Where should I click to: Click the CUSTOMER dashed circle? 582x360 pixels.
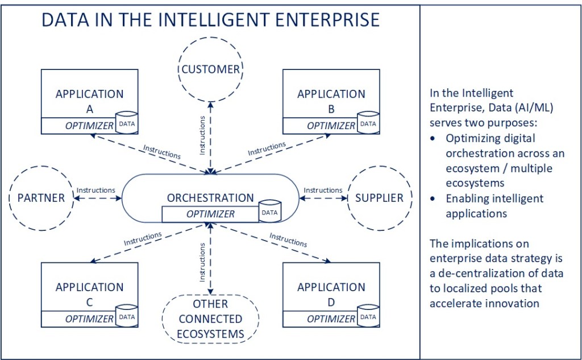pos(211,69)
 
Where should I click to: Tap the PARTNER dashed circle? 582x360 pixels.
pos(41,198)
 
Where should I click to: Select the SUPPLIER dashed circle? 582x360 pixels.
pos(379,198)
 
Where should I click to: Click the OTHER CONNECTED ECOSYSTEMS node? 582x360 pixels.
pos(210,319)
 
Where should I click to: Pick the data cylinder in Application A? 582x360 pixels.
pos(126,123)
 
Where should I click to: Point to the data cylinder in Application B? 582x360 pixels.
pos(368,123)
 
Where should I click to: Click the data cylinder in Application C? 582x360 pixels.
pos(126,317)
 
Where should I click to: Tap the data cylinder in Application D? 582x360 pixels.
pos(368,317)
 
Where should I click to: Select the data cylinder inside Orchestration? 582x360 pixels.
pos(269,212)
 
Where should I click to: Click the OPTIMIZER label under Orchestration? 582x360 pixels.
pos(210,214)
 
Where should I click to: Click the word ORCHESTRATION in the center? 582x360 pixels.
pos(210,198)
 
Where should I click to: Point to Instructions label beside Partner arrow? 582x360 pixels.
pos(96,190)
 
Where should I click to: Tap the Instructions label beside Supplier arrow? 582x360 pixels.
pos(323,190)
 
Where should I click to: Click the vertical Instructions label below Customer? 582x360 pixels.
pos(203,136)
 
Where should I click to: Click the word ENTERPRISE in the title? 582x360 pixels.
pos(323,20)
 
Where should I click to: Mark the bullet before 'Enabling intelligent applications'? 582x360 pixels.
pos(435,199)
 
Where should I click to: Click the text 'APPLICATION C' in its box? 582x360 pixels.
pos(89,294)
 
